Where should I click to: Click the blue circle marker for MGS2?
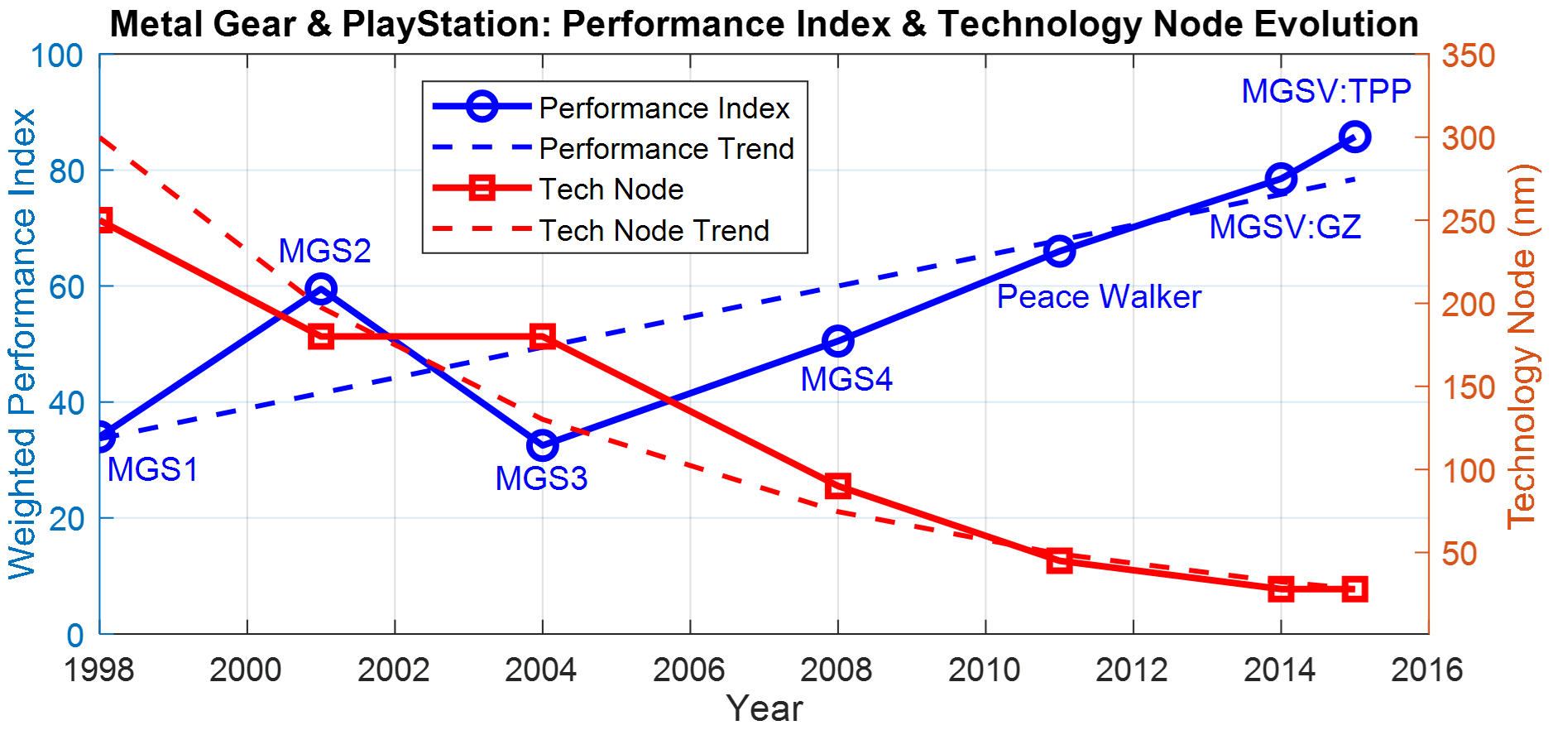(321, 290)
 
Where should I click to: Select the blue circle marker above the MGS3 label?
(542, 445)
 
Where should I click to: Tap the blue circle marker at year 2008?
(838, 341)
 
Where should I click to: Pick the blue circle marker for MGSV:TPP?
(1354, 137)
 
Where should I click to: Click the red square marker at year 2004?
(542, 337)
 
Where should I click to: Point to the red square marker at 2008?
(838, 486)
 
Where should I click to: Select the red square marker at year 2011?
(1059, 560)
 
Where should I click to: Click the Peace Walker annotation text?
(1098, 297)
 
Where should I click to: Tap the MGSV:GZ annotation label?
(1285, 227)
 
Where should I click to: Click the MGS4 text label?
(846, 379)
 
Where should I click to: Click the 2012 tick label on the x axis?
(1132, 670)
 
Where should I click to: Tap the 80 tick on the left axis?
(66, 171)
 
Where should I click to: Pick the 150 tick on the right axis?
(1469, 387)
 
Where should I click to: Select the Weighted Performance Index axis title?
(22, 343)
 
